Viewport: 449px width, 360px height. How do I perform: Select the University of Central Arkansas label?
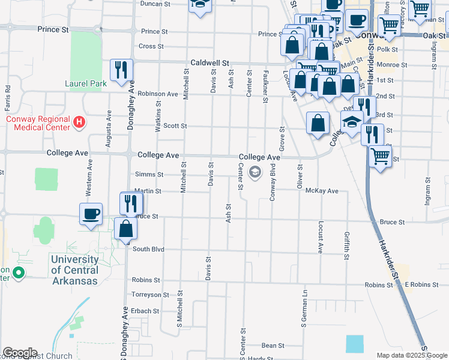pyautogui.click(x=75, y=270)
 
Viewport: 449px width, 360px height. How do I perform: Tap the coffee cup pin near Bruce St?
pyautogui.click(x=91, y=214)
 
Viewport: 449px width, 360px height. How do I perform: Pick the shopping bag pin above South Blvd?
pyautogui.click(x=126, y=228)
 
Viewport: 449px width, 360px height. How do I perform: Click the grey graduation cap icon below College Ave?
pyautogui.click(x=255, y=173)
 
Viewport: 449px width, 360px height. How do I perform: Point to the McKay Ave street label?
pyautogui.click(x=322, y=191)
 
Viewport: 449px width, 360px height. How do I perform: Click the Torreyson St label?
pyautogui.click(x=146, y=295)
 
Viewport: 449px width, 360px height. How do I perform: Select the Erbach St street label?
pyautogui.click(x=146, y=311)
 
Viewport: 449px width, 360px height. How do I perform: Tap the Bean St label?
pyautogui.click(x=273, y=346)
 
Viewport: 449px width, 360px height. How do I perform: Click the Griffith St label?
pyautogui.click(x=347, y=246)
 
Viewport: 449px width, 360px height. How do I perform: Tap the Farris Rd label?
pyautogui.click(x=8, y=98)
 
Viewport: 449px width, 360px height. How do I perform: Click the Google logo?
pyautogui.click(x=20, y=353)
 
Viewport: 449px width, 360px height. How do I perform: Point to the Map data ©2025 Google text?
pyautogui.click(x=411, y=355)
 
